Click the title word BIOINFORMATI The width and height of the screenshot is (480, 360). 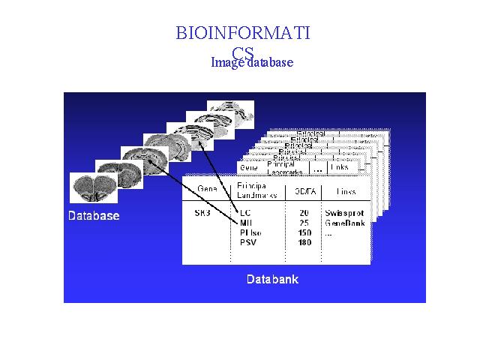242,33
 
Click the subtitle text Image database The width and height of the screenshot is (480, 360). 252,62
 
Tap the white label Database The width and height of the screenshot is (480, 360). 94,216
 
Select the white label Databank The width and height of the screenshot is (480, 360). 272,280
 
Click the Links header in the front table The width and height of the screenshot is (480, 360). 346,192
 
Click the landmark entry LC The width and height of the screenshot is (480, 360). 245,213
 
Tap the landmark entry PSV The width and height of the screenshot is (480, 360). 248,242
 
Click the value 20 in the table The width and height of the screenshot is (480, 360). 304,213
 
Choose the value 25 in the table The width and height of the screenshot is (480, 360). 304,223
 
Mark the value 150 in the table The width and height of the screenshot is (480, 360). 304,232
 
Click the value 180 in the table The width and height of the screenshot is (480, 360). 304,242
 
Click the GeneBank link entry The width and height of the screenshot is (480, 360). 346,223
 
